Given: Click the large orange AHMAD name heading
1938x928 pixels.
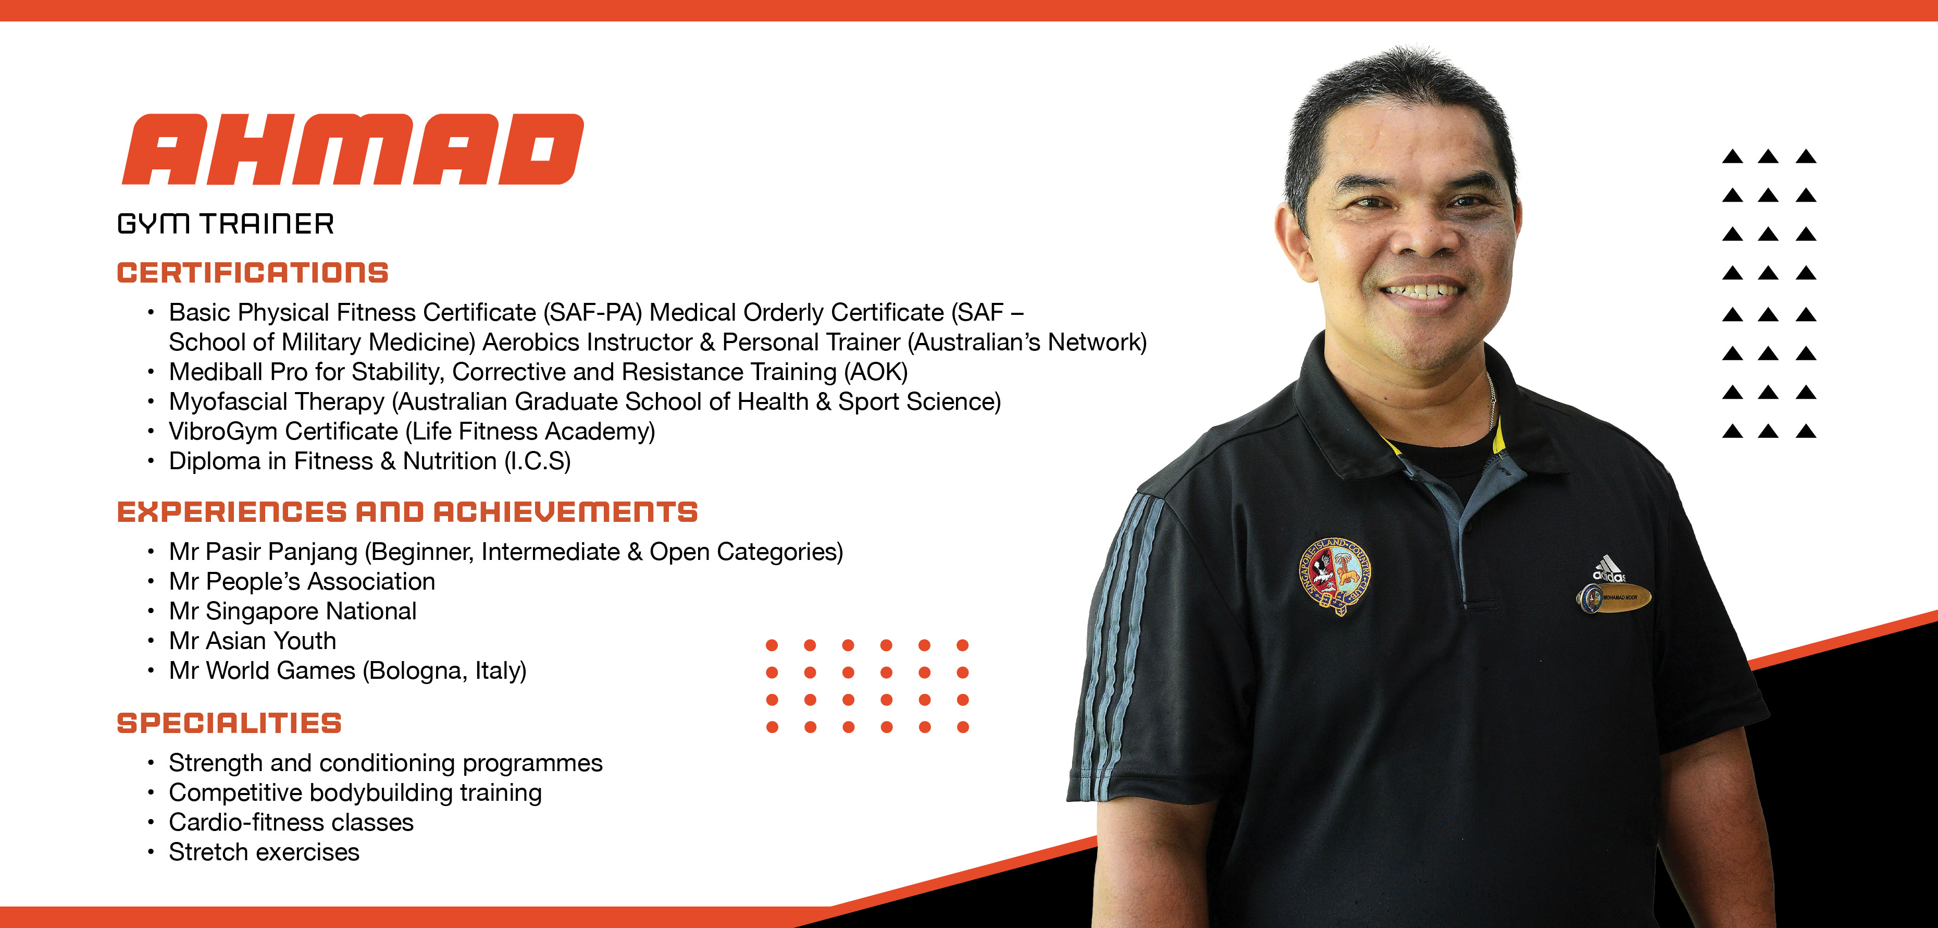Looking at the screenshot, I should click(352, 149).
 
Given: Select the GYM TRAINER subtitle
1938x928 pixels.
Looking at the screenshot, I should click(225, 224).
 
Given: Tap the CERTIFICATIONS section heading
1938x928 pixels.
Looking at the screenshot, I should click(253, 273).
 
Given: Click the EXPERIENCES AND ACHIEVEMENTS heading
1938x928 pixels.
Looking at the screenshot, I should click(407, 512).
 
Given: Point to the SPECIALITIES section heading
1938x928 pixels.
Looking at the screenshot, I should click(229, 723).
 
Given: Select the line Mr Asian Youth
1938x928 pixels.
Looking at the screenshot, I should click(252, 641).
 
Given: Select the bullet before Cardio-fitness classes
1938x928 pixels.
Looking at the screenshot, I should click(151, 823).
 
